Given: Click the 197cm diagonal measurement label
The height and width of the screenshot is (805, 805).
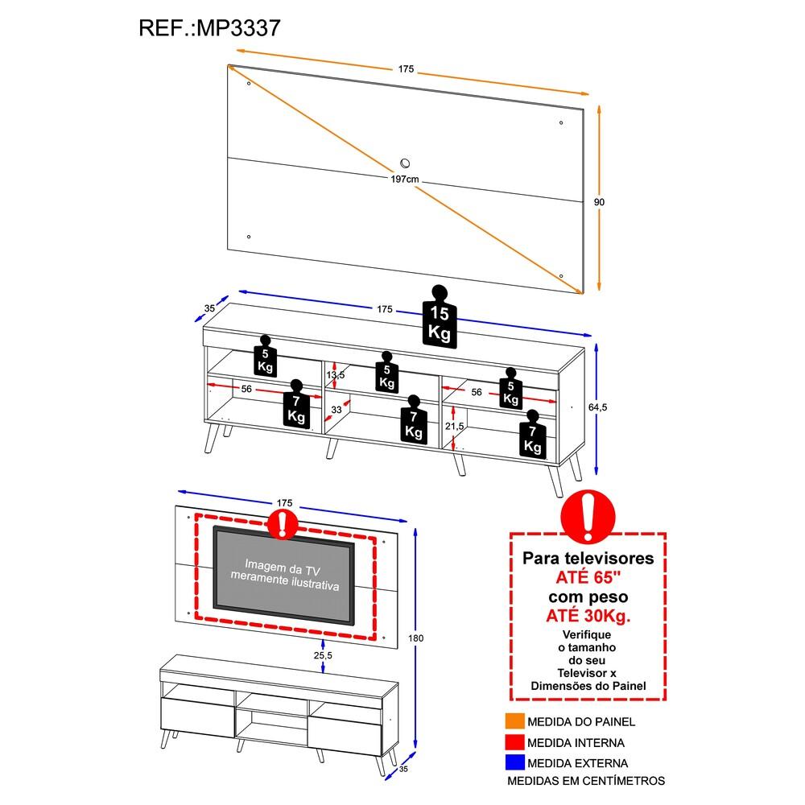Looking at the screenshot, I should click(404, 180).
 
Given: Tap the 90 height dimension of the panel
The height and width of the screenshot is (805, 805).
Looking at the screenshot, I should click(599, 202).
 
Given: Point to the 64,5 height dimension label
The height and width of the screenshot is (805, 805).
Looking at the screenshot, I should click(597, 407).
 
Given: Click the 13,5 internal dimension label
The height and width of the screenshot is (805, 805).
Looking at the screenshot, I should click(336, 375).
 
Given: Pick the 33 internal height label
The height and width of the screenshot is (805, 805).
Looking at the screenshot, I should click(336, 410).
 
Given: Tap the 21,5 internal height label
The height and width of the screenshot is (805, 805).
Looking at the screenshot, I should click(456, 426).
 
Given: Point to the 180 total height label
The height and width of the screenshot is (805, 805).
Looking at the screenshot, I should click(416, 638).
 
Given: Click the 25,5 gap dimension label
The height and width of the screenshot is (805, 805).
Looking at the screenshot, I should click(323, 654).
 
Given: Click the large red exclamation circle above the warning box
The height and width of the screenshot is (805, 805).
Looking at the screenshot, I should click(588, 517).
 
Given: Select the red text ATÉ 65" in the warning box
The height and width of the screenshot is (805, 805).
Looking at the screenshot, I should click(589, 577).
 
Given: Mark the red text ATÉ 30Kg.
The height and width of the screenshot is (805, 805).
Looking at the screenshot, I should click(589, 617).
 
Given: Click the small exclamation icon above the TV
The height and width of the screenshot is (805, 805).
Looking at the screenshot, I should click(282, 524).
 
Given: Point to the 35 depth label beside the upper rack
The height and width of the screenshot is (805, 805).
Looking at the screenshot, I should click(209, 308).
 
